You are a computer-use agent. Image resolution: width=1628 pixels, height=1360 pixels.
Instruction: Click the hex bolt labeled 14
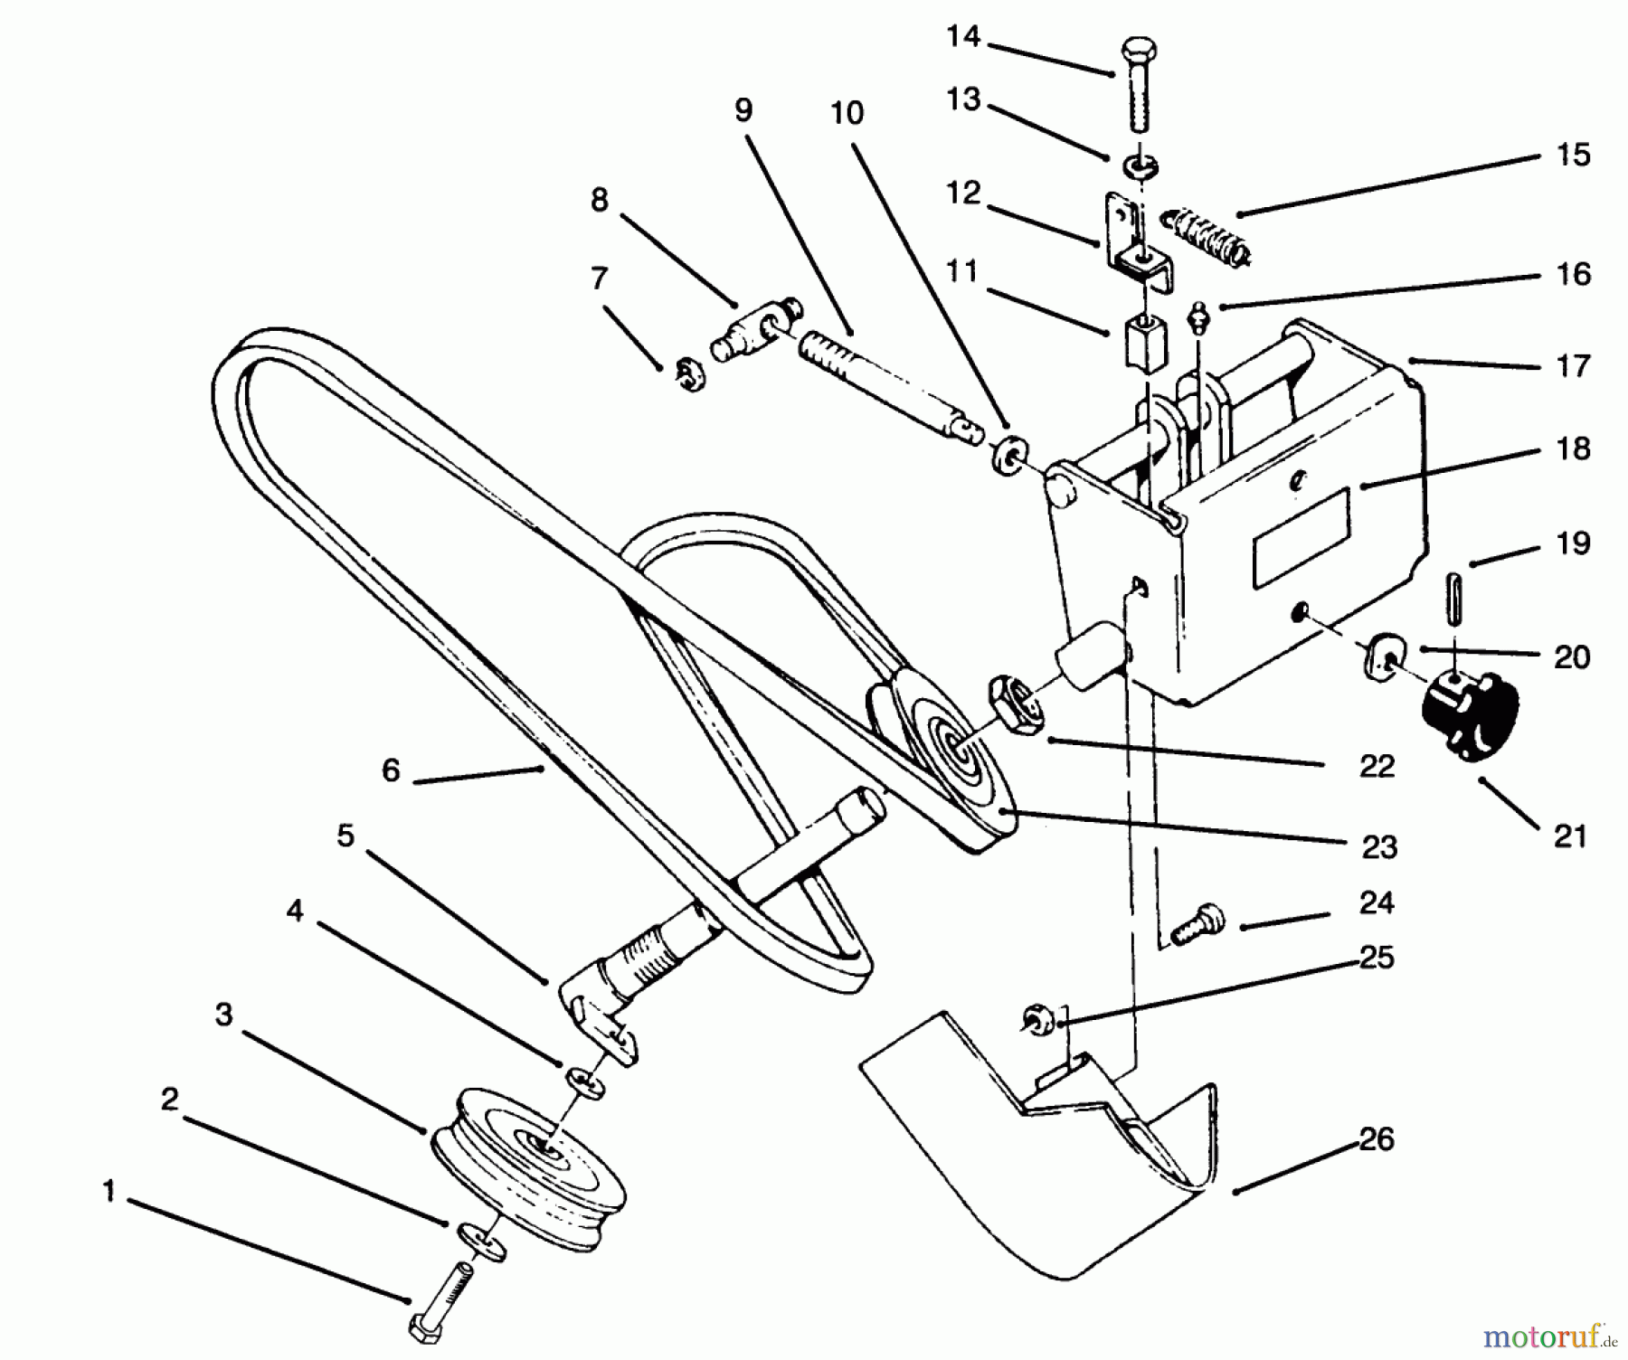[x=1136, y=86]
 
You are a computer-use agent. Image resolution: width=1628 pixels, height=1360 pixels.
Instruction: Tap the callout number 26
[x=1377, y=1139]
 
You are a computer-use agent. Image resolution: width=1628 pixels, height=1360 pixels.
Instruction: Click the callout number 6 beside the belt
[x=390, y=771]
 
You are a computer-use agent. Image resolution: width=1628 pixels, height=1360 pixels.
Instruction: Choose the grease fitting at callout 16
[x=1200, y=318]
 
